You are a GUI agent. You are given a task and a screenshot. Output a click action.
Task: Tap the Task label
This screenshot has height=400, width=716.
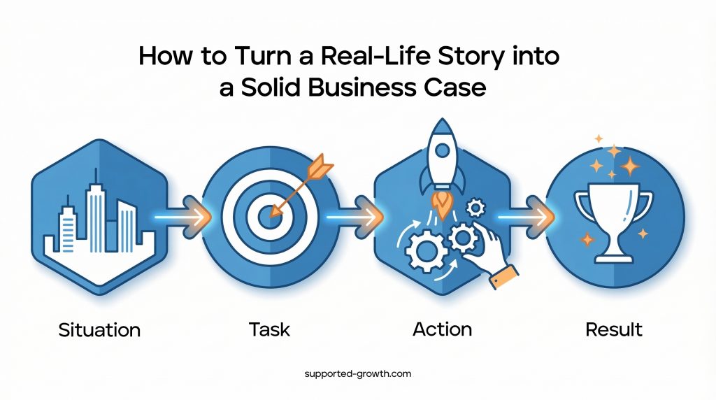tap(268, 328)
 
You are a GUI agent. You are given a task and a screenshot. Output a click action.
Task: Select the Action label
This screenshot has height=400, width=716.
tap(442, 328)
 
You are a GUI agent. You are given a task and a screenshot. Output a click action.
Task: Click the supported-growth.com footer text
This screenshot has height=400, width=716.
tap(357, 374)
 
